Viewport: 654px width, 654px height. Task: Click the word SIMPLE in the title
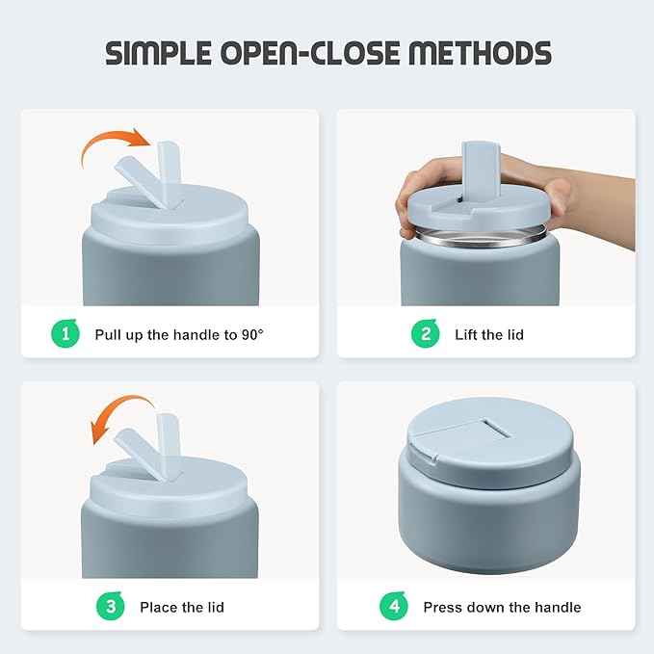pos(159,53)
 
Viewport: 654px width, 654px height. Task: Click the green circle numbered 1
pos(65,333)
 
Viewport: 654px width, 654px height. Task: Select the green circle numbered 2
pos(426,333)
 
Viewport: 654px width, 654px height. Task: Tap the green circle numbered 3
pos(111,606)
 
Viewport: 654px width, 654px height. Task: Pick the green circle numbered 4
pos(394,606)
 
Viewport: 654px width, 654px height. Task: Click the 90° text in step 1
pos(252,334)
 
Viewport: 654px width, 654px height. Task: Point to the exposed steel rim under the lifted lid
pos(481,237)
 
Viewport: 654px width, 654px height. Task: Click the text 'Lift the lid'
pos(489,334)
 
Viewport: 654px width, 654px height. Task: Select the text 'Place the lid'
pos(182,607)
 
